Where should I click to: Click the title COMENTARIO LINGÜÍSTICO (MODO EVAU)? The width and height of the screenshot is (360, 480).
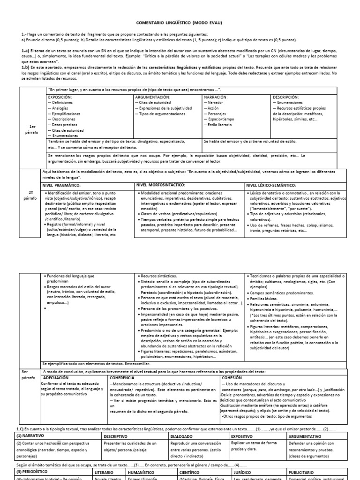tap(180, 22)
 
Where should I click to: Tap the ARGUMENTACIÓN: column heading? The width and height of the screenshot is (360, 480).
tap(153, 97)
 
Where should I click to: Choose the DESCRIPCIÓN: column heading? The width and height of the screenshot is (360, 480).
tap(285, 97)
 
